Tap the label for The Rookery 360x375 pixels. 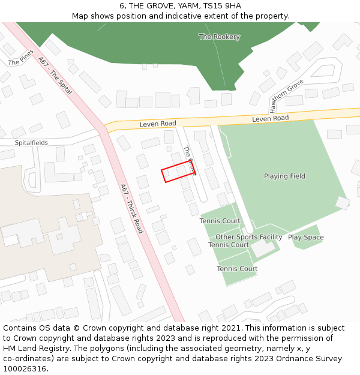pyautogui.click(x=219, y=37)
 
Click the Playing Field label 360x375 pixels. pyautogui.click(x=284, y=176)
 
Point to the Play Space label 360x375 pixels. pyautogui.click(x=305, y=238)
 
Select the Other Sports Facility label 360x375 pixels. pyautogui.click(x=248, y=237)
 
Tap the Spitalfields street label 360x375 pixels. pyautogui.click(x=31, y=143)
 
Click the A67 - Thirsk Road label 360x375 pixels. pyautogui.click(x=131, y=208)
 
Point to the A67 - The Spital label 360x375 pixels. pyautogui.click(x=55, y=76)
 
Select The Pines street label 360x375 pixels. pyautogui.click(x=21, y=58)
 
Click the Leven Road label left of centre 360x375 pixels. pyautogui.click(x=158, y=124)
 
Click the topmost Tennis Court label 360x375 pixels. pyautogui.click(x=220, y=221)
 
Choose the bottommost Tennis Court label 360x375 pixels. pyautogui.click(x=237, y=269)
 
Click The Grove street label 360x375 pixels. pyautogui.click(x=189, y=160)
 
